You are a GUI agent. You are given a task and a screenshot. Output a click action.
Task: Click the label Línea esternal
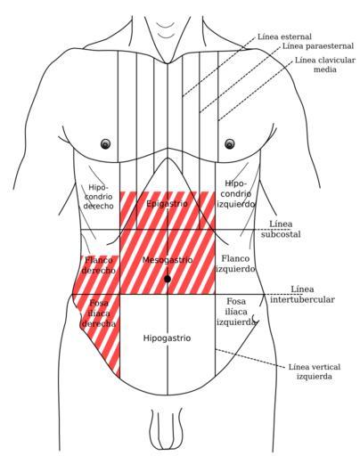tap(284, 37)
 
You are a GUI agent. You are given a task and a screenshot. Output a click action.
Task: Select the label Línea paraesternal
tap(318, 46)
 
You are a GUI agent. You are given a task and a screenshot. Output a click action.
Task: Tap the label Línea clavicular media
tap(325, 65)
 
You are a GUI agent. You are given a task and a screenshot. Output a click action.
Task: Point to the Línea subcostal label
tap(281, 229)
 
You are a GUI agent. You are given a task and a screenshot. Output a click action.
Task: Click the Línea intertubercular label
tap(302, 294)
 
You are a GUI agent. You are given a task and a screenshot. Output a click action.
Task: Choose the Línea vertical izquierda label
tap(315, 371)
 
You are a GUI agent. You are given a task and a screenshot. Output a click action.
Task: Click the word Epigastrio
tap(167, 204)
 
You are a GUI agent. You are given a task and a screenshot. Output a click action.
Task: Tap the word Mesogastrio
tap(168, 260)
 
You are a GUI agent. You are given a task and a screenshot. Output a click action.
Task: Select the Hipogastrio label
tap(167, 338)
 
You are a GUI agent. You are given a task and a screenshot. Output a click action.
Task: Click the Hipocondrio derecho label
tap(98, 197)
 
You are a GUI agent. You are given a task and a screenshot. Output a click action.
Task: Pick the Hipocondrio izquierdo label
tap(236, 193)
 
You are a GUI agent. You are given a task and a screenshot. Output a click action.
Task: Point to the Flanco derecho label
tap(98, 265)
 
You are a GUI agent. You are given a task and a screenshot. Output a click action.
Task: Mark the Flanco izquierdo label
tap(235, 264)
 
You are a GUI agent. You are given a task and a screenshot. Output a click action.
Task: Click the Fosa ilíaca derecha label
tap(99, 313)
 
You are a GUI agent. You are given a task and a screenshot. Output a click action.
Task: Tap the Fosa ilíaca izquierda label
tap(236, 312)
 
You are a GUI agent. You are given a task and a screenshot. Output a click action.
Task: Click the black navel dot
tap(168, 279)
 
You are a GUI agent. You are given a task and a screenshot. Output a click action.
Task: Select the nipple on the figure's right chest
tap(105, 144)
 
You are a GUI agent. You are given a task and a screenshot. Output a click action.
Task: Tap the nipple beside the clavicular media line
tap(229, 143)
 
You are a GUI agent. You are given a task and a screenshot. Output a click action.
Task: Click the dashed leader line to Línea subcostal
tap(273, 230)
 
